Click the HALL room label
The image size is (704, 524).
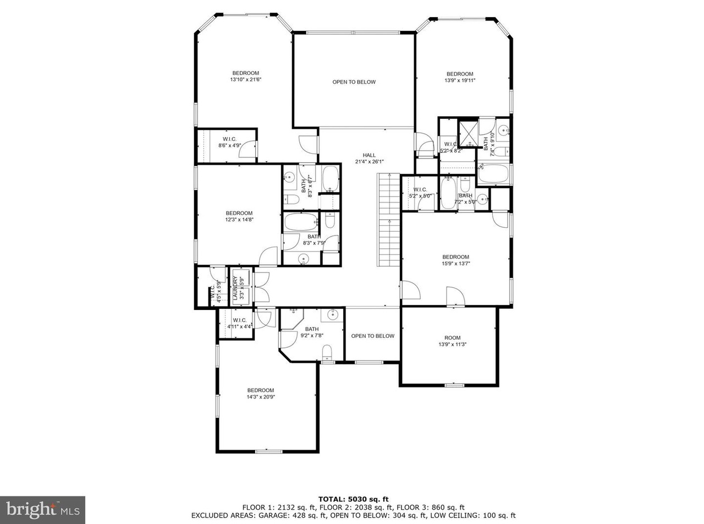(x=369, y=159)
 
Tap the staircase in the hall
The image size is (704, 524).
(x=389, y=219)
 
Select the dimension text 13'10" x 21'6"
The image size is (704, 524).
(x=245, y=79)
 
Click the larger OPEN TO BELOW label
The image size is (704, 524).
(x=354, y=82)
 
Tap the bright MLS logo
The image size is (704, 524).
(x=42, y=510)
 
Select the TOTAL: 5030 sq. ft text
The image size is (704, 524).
(x=354, y=499)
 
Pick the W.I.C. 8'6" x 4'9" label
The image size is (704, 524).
(x=230, y=142)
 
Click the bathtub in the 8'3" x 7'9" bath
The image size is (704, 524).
(x=301, y=222)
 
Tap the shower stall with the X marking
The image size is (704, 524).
(x=468, y=132)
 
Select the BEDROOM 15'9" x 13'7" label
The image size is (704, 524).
(x=456, y=260)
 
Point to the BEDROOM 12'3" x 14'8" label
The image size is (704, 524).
(x=239, y=216)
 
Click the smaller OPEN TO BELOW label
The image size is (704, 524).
(x=372, y=336)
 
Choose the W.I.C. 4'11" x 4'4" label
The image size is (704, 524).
(x=239, y=323)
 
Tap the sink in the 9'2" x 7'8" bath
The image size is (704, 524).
(x=332, y=315)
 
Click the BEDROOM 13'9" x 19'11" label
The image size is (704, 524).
(x=459, y=77)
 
